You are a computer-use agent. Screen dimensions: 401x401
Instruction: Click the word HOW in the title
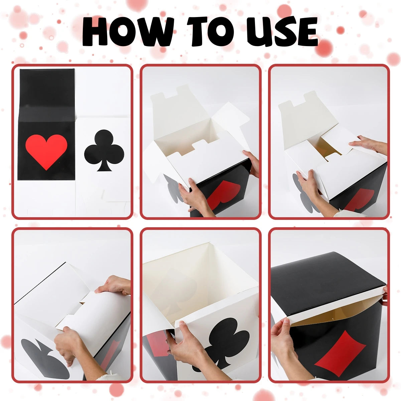tap(128, 31)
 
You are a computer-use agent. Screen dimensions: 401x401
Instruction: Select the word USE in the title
tap(282, 31)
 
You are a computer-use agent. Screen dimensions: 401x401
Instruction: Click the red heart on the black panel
tap(46, 151)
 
